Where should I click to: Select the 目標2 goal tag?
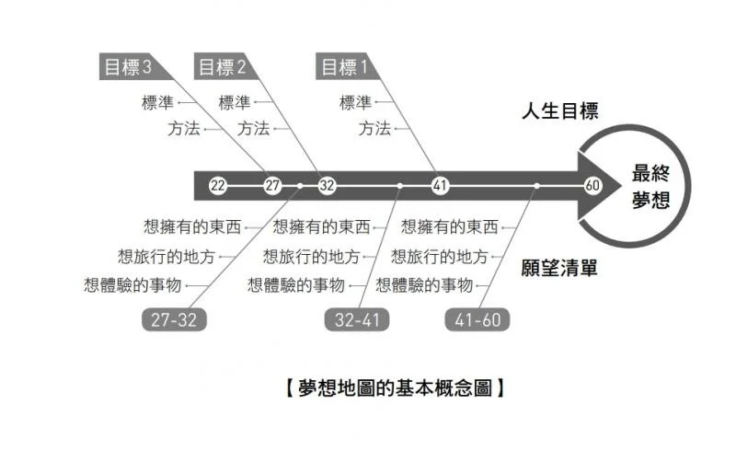(222, 67)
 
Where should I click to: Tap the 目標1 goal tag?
(343, 67)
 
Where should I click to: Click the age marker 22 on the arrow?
(218, 186)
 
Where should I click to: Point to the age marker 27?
(272, 186)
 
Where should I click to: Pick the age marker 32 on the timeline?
(327, 186)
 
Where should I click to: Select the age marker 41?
(440, 186)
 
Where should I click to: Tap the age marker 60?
(592, 186)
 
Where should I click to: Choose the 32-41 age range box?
(358, 319)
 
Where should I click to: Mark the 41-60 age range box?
(478, 319)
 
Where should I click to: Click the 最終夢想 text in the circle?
(650, 186)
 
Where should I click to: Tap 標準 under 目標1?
(355, 103)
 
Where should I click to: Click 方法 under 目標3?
(183, 129)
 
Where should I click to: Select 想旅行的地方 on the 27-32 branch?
(167, 256)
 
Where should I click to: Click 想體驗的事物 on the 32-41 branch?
(295, 285)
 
